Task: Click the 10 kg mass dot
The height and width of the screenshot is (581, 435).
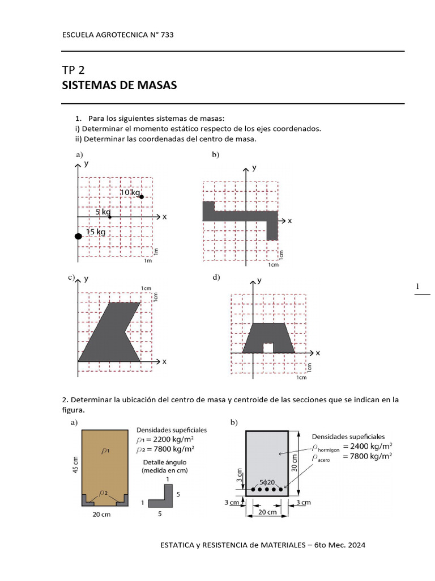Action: tap(142, 196)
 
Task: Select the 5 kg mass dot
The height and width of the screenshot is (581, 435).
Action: tap(110, 217)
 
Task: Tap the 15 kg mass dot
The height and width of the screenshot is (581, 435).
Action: tap(78, 236)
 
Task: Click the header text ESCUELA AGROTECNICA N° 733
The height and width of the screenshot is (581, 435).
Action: tap(117, 35)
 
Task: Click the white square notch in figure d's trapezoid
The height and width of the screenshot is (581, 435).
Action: tap(268, 347)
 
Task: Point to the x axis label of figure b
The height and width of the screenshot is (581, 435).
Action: tap(289, 221)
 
